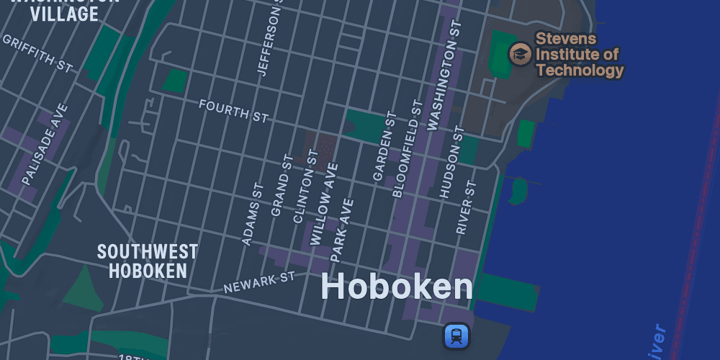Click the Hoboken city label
tap(397, 287)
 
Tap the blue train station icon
tap(456, 336)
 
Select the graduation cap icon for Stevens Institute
tap(520, 53)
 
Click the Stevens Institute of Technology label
tap(579, 54)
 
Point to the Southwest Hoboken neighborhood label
tap(148, 261)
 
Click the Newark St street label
tap(259, 282)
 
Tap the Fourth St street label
tap(233, 109)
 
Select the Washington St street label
tap(443, 76)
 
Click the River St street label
tap(466, 207)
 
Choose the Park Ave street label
tap(342, 230)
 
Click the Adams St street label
tap(253, 214)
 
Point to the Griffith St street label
tap(37, 53)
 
